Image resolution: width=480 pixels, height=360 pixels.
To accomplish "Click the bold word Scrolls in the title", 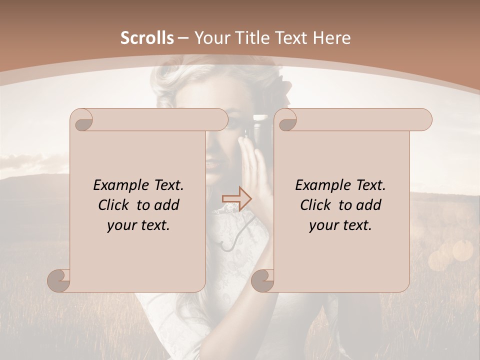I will click(147, 37).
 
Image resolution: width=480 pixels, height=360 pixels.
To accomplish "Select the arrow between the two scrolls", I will click(236, 199).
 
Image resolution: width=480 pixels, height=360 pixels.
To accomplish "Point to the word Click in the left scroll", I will click(114, 205).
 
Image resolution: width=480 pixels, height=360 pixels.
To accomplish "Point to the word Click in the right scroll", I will click(316, 205).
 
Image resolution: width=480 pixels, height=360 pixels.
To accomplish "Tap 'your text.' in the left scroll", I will click(138, 225).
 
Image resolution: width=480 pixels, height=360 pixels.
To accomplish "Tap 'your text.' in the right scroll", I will click(340, 225).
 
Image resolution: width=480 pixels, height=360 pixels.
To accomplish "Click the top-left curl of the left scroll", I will click(82, 120).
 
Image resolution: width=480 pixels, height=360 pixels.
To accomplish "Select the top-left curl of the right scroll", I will click(286, 120).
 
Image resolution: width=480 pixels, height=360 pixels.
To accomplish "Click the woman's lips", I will click(212, 163).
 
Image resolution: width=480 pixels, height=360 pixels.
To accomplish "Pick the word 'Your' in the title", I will click(211, 37).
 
